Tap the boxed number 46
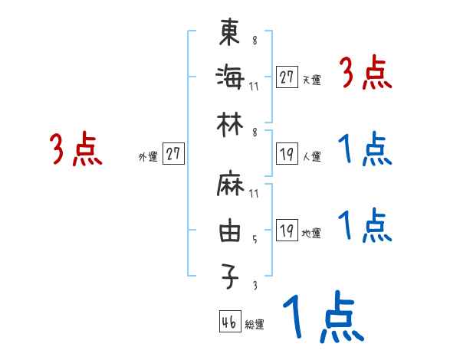[228, 322]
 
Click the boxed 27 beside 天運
[287, 77]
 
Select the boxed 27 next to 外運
[173, 153]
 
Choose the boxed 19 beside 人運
[287, 154]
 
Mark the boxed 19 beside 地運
[287, 231]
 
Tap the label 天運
[312, 79]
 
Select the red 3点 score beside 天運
[365, 75]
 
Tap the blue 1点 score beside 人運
[365, 149]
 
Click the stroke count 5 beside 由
[255, 239]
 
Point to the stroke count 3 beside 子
[255, 285]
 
